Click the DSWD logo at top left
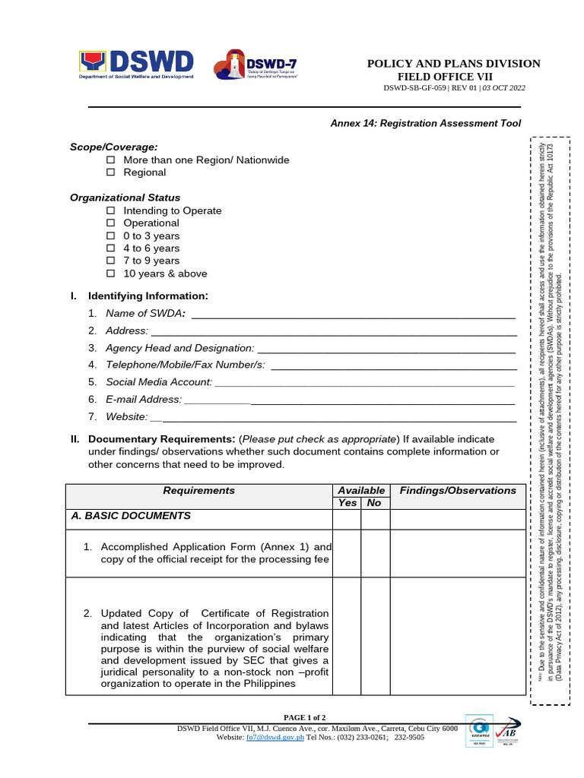[136, 65]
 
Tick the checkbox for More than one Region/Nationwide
[110, 160]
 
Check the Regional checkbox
[110, 172]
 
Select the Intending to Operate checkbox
[110, 210]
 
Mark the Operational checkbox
[110, 223]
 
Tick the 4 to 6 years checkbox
[110, 248]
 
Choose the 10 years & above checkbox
[110, 274]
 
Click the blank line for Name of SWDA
[354, 315]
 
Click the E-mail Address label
[144, 400]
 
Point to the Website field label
[126, 416]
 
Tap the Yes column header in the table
[347, 503]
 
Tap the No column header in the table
[374, 503]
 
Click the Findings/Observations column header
[457, 491]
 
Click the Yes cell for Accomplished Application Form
[347, 553]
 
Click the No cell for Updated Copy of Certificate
[374, 636]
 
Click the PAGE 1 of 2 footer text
[304, 717]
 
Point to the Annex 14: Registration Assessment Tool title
[425, 123]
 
